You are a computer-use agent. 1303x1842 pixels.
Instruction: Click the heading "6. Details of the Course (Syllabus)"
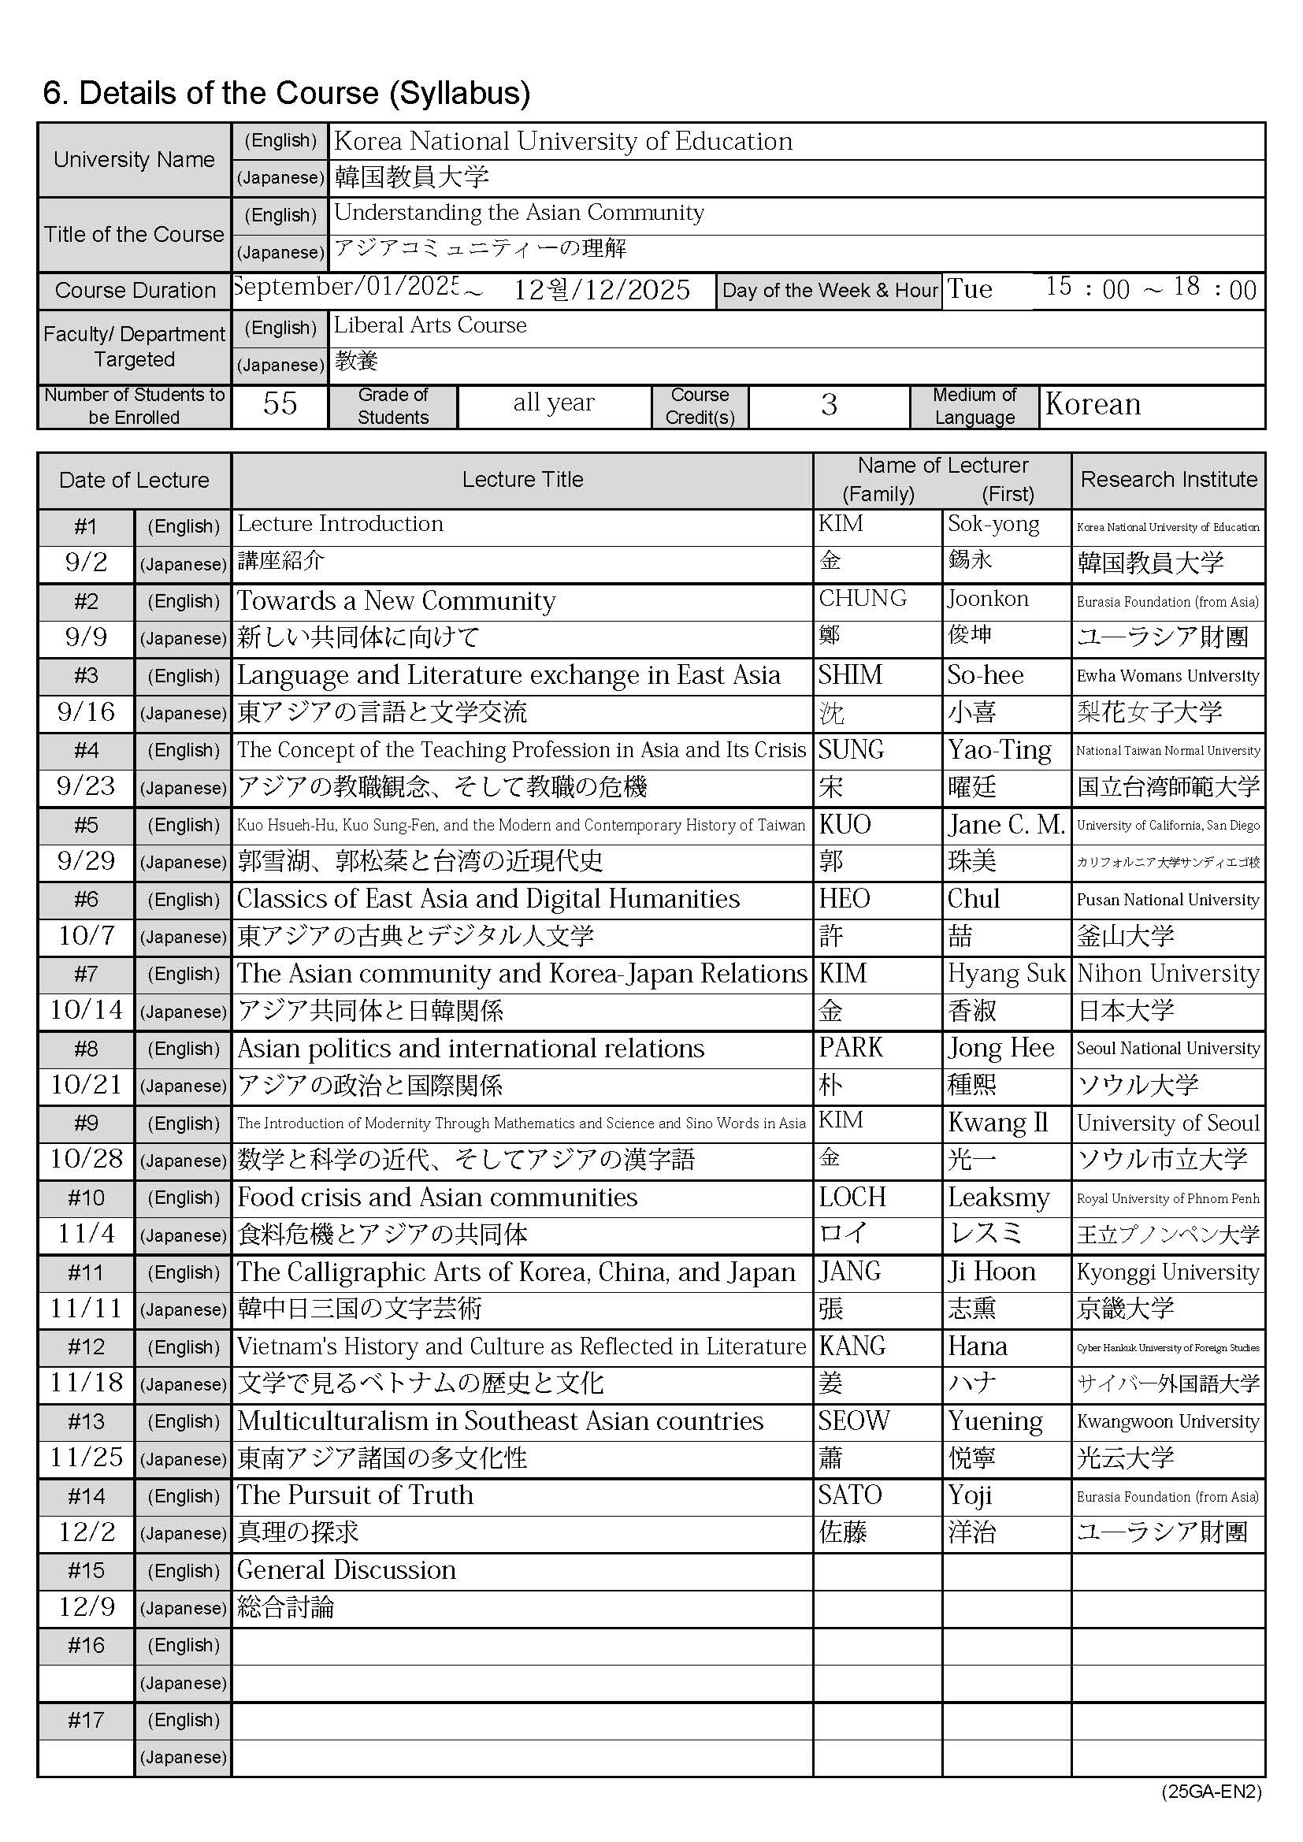[287, 93]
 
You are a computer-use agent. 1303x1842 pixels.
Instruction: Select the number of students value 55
[279, 403]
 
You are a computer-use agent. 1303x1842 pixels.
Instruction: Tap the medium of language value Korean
[1093, 404]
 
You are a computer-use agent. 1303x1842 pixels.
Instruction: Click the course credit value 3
[829, 405]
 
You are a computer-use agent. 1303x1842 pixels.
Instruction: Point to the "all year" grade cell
[554, 403]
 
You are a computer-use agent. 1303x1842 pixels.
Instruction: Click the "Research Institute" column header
[1168, 480]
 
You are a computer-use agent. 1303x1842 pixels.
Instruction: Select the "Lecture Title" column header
[522, 480]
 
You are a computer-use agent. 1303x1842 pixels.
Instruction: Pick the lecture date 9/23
[86, 786]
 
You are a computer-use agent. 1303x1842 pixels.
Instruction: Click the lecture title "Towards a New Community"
[396, 601]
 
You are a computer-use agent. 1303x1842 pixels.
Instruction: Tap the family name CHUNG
[863, 599]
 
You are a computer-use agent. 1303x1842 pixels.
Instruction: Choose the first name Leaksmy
[998, 1197]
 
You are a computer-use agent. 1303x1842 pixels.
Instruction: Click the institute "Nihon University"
[1168, 973]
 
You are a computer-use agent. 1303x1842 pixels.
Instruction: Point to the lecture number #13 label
[86, 1421]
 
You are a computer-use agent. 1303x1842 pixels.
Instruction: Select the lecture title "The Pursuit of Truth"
[355, 1495]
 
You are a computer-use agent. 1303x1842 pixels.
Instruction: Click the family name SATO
[850, 1495]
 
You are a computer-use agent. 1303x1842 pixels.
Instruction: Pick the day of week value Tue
[970, 289]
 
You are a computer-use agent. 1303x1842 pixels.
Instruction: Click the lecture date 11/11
[86, 1309]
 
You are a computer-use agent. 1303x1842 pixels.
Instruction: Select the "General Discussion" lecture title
[347, 1570]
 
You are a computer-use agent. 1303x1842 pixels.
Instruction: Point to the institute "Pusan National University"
[1168, 900]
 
